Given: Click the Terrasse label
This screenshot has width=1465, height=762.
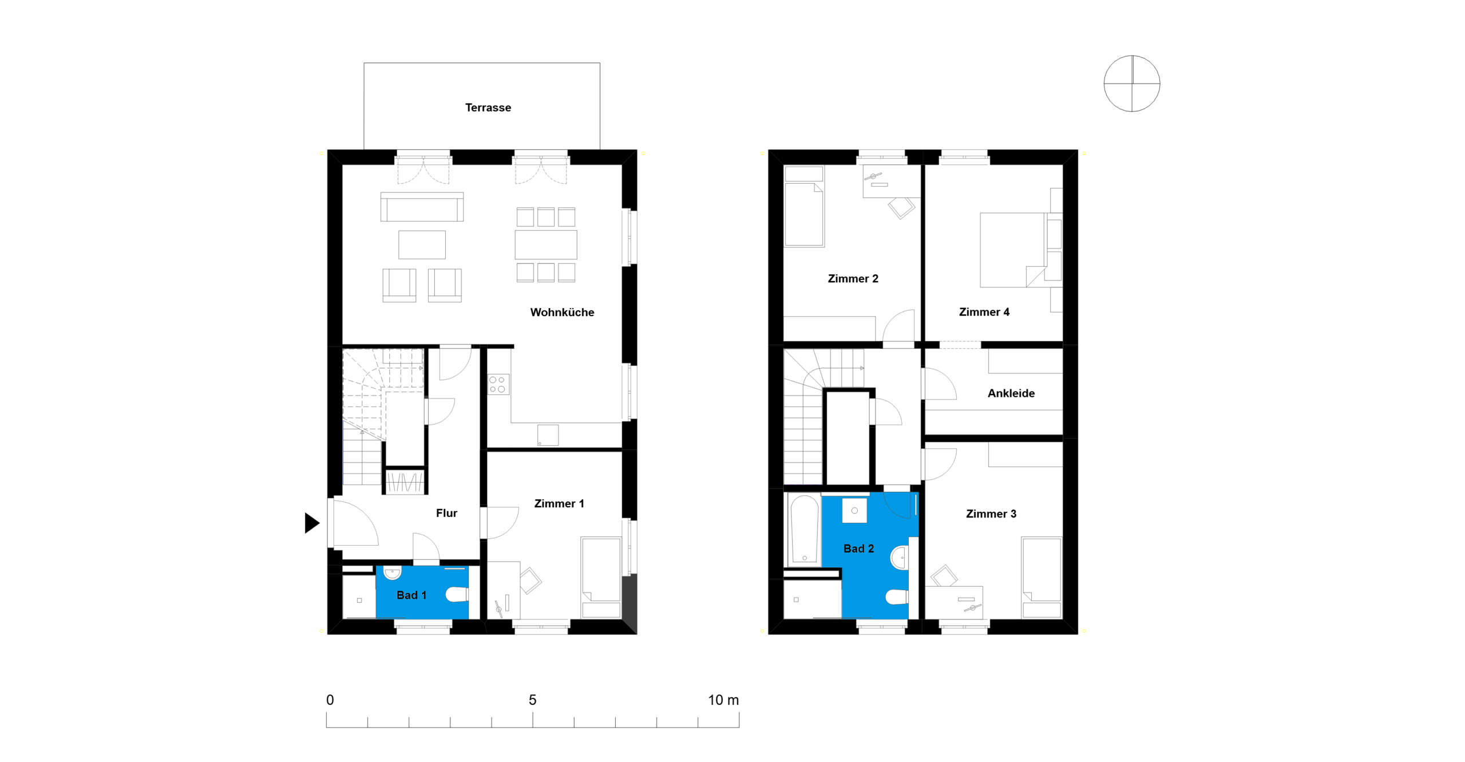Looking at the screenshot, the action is tap(488, 108).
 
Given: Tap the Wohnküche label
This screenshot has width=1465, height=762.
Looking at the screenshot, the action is tap(562, 312).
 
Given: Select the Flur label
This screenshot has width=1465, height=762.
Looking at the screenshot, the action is tap(446, 513).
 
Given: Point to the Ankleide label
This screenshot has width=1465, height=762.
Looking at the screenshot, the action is tap(1011, 393).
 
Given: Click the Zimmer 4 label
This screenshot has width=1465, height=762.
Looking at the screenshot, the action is tap(984, 312).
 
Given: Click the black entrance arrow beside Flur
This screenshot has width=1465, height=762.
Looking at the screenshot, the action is tap(312, 523).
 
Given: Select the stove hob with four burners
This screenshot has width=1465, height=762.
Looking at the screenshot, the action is tap(497, 385).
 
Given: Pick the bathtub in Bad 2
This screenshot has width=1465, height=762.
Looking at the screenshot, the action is tap(804, 529).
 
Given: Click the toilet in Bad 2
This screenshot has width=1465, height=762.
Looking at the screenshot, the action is tap(897, 597).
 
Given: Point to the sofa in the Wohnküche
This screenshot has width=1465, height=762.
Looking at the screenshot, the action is tap(422, 207).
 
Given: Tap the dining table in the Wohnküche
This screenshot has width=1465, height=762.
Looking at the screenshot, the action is tap(545, 245).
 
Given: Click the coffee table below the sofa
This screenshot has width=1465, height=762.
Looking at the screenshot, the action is tap(422, 245).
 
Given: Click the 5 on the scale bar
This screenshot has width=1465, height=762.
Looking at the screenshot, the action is tap(532, 700).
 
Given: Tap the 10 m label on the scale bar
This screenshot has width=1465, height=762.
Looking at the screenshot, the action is tap(723, 700).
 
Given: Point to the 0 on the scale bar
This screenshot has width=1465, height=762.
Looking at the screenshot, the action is tap(330, 700).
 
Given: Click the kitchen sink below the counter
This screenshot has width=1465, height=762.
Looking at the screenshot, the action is tap(548, 435).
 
